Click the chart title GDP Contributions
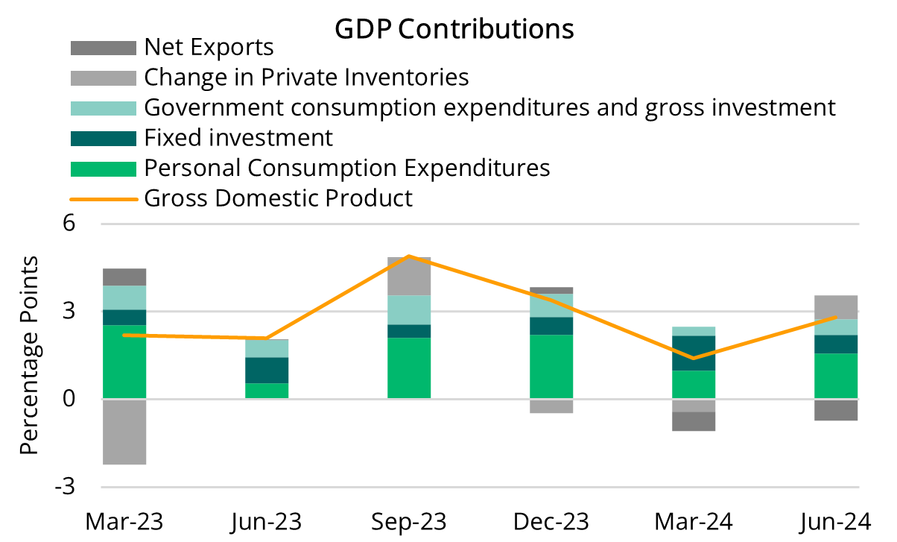click(x=454, y=28)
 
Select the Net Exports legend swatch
click(x=103, y=48)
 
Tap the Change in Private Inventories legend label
click(x=305, y=77)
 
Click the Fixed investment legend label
click(x=238, y=138)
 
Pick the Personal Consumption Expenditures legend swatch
click(x=103, y=168)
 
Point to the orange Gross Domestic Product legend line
click(x=103, y=199)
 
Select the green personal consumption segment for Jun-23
click(x=267, y=391)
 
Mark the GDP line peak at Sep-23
click(x=409, y=256)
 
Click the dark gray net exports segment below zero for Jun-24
click(x=836, y=409)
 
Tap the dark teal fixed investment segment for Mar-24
click(x=694, y=353)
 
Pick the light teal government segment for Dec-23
click(x=551, y=306)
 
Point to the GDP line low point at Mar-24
click(x=694, y=359)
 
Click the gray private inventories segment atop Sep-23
click(x=409, y=277)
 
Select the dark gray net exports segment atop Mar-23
click(x=124, y=277)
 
